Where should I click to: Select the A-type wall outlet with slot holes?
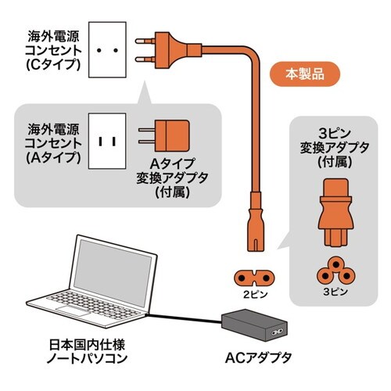[x=110, y=142]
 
